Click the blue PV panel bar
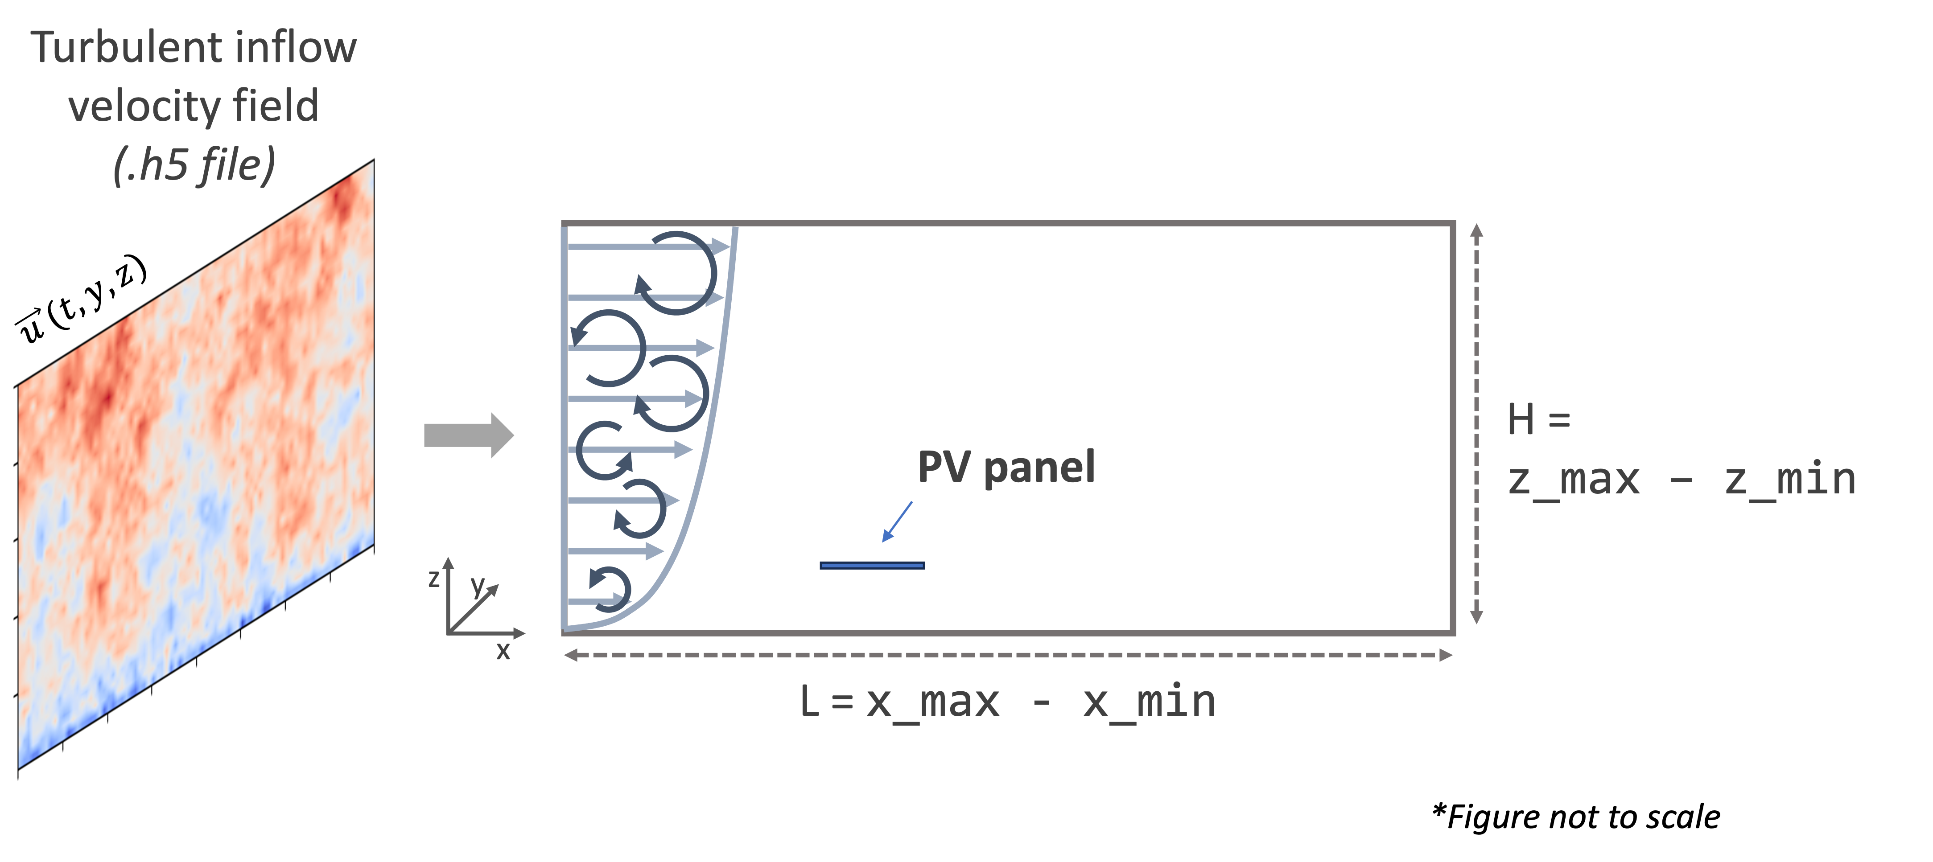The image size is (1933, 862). pos(872,565)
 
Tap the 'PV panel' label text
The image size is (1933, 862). pos(1006,468)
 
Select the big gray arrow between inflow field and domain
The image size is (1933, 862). pos(468,435)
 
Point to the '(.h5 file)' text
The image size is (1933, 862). pos(194,164)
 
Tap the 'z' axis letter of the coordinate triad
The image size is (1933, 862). pos(434,579)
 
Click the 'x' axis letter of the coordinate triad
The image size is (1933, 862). pos(503,650)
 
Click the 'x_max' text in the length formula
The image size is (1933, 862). pos(933,702)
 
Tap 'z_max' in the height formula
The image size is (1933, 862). pos(1574,480)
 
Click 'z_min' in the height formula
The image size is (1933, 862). pos(1790,480)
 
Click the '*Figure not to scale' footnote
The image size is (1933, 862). pos(1576,816)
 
